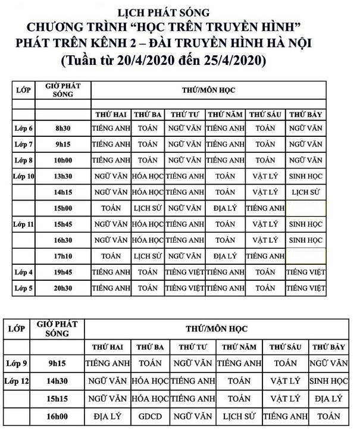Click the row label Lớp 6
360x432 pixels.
[x=23, y=128]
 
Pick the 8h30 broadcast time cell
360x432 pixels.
[x=62, y=128]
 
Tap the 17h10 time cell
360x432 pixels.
[x=62, y=256]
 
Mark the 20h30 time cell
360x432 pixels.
[x=62, y=288]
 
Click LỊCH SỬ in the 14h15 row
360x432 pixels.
[x=306, y=192]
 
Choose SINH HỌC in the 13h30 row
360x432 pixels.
[x=306, y=176]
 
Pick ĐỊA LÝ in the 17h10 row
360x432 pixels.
[x=225, y=256]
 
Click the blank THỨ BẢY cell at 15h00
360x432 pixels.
[x=306, y=208]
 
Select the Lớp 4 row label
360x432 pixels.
[x=23, y=272]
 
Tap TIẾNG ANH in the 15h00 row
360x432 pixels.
[x=265, y=208]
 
